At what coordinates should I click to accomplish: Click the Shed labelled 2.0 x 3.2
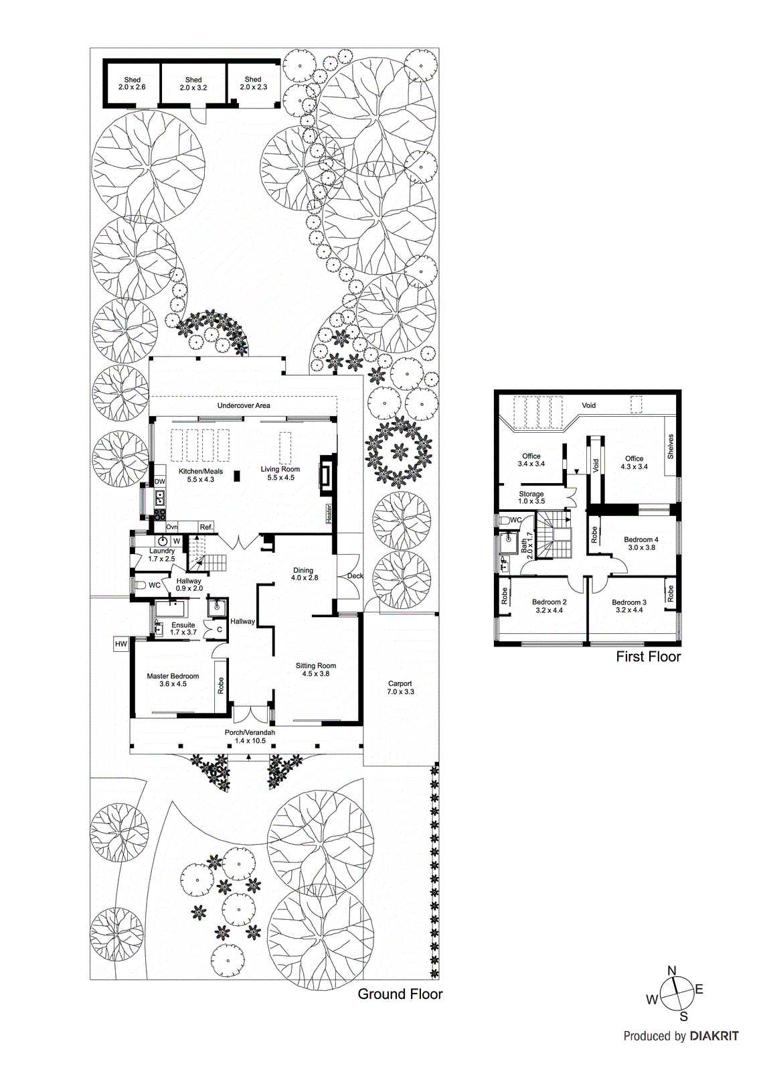(193, 84)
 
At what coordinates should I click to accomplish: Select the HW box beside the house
(120, 645)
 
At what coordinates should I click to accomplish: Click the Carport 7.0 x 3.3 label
(400, 687)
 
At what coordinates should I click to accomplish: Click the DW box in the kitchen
(160, 482)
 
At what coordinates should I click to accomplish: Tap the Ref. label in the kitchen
(206, 527)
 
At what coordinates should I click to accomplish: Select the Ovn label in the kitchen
(172, 527)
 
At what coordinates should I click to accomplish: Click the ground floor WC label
(155, 585)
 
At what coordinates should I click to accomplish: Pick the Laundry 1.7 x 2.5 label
(161, 555)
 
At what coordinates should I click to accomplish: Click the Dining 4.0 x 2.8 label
(303, 574)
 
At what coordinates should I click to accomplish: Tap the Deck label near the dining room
(355, 576)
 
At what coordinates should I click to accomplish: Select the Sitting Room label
(316, 669)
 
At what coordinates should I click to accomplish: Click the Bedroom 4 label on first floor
(641, 543)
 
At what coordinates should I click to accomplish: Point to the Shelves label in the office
(671, 446)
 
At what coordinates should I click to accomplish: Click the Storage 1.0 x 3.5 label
(531, 497)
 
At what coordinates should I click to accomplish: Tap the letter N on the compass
(672, 971)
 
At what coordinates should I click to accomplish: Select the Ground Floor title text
(400, 994)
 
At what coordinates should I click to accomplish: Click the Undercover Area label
(244, 405)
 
